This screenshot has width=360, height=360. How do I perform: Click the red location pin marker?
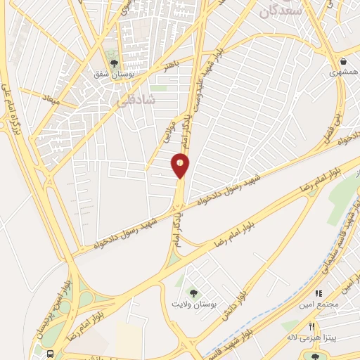(x=181, y=165)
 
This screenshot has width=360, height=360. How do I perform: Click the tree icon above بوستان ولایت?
(x=189, y=292)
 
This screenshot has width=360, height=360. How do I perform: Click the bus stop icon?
(x=51, y=354)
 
